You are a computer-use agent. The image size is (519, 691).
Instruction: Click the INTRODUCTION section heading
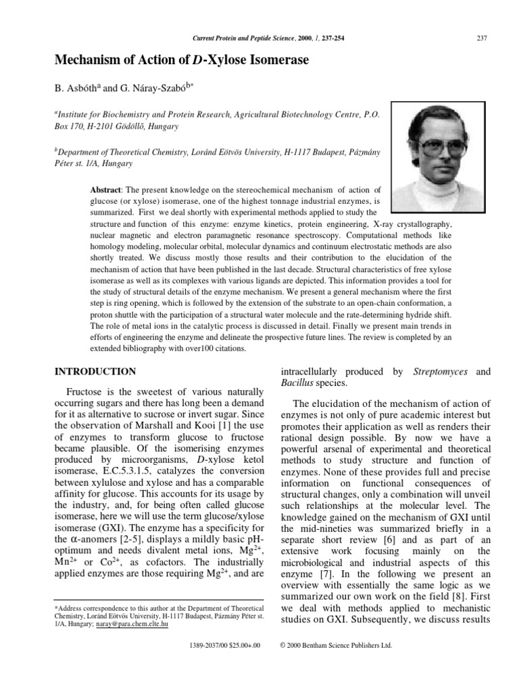(x=95, y=372)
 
